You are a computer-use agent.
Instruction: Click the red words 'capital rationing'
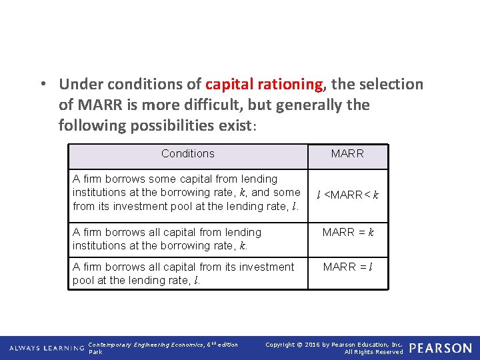264,85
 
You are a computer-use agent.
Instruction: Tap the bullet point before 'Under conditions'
42,85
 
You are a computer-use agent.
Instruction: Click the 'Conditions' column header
187,153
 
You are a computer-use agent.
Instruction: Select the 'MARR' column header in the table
347,153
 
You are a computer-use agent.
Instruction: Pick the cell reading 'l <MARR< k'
347,195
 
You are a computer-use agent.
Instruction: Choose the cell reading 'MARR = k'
347,233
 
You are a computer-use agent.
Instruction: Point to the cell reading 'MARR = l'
347,267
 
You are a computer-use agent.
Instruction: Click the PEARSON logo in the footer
440,348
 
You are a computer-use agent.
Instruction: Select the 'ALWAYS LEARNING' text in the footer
45,348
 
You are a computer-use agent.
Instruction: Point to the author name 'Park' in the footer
95,352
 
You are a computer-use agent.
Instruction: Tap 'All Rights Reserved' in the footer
373,352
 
